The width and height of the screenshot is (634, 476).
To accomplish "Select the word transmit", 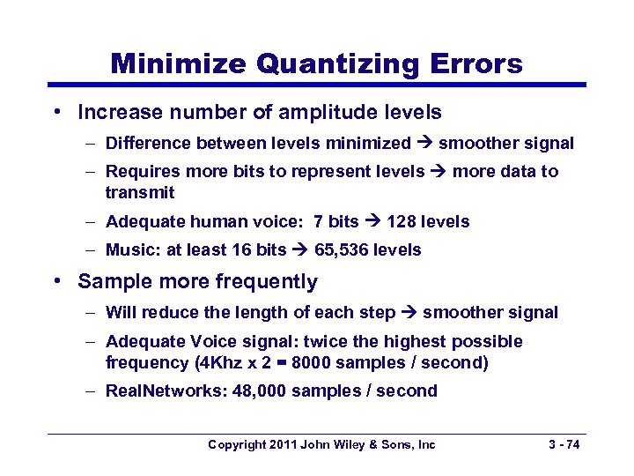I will click(x=140, y=192).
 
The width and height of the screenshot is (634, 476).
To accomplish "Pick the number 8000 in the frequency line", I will click(x=315, y=362).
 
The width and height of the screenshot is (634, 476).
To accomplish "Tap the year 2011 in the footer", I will click(x=282, y=445).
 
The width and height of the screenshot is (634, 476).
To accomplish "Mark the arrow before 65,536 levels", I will click(x=300, y=250).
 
